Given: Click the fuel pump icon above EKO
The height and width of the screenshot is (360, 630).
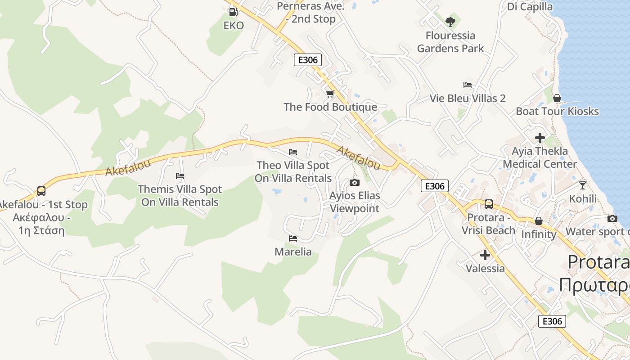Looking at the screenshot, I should click(x=233, y=12).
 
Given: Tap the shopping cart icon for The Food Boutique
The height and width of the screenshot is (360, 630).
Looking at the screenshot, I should click(x=330, y=94).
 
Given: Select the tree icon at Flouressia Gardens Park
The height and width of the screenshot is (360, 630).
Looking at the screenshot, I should click(x=450, y=22).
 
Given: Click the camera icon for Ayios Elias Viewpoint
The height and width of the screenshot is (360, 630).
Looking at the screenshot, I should click(x=355, y=182).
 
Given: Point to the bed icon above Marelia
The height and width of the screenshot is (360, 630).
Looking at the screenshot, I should click(x=293, y=238).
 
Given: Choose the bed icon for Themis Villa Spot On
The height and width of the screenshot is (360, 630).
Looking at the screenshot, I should click(x=180, y=175).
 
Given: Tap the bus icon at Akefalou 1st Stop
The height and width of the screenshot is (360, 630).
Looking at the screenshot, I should click(x=41, y=191).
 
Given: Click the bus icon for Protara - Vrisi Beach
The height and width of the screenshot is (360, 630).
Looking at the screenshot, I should click(x=489, y=204).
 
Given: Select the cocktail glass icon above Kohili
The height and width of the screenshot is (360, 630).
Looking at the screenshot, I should click(x=583, y=185).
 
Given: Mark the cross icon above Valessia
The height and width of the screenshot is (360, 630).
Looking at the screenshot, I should click(x=485, y=255).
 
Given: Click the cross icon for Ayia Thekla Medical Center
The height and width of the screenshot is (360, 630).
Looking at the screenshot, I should click(x=540, y=137).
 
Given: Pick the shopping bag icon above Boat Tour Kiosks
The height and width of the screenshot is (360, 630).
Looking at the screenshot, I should click(x=557, y=98).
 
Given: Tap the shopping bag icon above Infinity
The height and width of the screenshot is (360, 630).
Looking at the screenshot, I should click(x=539, y=220).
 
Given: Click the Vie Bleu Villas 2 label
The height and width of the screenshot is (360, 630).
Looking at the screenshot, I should click(x=468, y=98).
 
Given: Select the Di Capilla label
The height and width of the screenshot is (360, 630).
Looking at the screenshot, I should click(x=530, y=6).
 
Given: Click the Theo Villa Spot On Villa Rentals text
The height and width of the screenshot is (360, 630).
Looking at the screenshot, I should click(x=293, y=171).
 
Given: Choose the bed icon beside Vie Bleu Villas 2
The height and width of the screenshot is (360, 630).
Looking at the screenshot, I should click(x=468, y=85).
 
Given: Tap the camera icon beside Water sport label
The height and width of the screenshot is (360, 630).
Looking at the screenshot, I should click(x=612, y=218).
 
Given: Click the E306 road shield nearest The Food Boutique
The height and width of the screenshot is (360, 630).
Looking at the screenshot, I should click(x=308, y=60).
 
